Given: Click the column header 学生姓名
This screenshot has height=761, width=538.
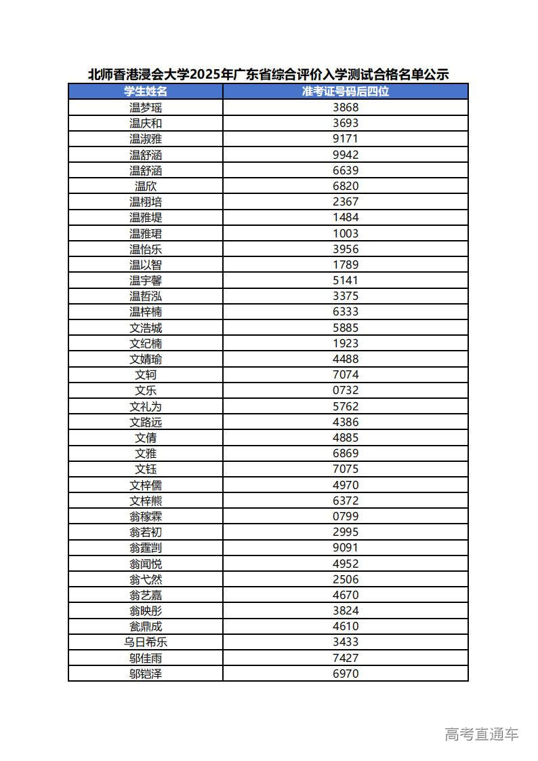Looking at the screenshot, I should [x=146, y=92].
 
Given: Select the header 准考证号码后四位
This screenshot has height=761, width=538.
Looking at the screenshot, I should [x=346, y=92].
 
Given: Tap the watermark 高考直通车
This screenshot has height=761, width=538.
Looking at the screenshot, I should [x=482, y=734].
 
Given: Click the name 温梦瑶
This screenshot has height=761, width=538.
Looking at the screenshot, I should [x=146, y=107].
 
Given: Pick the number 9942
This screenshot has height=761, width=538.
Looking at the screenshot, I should [x=346, y=155].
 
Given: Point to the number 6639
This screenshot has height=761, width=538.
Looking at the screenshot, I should [x=346, y=170].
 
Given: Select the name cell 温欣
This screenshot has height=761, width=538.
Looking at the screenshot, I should [x=146, y=186].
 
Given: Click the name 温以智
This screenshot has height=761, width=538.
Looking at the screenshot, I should [x=146, y=265].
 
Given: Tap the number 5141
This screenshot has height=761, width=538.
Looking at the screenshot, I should [x=346, y=280].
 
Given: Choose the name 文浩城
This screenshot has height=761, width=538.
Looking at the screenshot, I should [x=146, y=328].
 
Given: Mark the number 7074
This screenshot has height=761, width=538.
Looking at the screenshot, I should [x=346, y=374].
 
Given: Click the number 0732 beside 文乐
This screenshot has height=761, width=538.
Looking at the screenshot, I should [x=346, y=390].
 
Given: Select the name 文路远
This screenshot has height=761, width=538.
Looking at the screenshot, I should [x=146, y=422].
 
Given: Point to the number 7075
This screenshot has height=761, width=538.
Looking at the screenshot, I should [x=346, y=469].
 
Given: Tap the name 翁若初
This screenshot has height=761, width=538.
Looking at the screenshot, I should [x=146, y=532].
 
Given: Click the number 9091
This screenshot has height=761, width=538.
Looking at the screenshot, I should [x=346, y=547].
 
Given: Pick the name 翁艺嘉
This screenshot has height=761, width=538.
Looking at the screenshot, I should [x=146, y=595].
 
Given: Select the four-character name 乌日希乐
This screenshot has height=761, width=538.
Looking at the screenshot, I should [x=146, y=642].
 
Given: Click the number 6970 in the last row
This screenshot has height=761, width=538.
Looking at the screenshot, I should [x=346, y=674].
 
